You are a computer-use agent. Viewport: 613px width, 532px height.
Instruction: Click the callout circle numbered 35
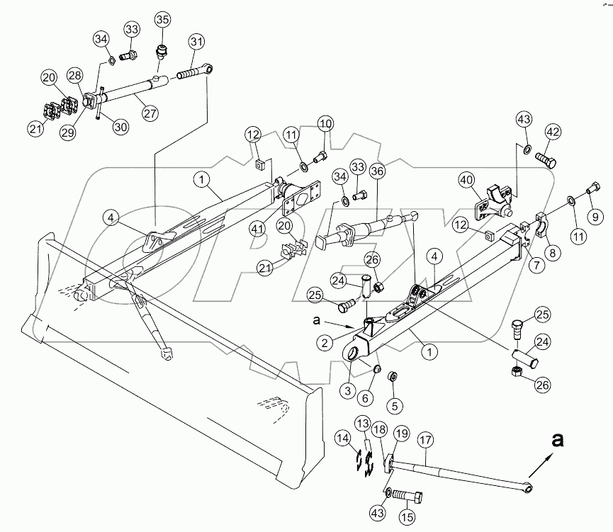click(x=162, y=18)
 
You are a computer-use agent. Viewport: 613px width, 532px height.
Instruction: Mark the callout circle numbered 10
click(x=325, y=125)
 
